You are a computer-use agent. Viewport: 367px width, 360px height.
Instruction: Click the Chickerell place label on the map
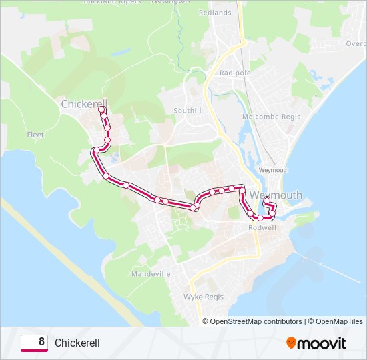pos(83,104)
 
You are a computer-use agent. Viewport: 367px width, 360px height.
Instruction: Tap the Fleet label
pos(35,135)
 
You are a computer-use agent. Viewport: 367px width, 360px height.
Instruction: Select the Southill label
pos(187,110)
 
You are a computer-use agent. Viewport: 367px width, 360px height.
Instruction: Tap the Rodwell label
pos(262,227)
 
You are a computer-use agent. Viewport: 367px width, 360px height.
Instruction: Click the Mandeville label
pos(151,274)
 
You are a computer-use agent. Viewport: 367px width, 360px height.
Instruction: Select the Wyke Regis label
pos(203,297)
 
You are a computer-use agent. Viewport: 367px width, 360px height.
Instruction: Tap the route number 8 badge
pos(34,343)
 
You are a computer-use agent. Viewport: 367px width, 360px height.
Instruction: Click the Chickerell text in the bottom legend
pos(77,343)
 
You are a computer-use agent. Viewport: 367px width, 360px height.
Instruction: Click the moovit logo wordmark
pos(322,343)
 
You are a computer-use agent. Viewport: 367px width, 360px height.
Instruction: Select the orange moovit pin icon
pos(292,343)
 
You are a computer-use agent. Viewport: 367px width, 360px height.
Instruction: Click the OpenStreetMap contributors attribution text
pos(253,321)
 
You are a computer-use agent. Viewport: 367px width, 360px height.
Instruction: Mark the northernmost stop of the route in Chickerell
pos(102,109)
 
